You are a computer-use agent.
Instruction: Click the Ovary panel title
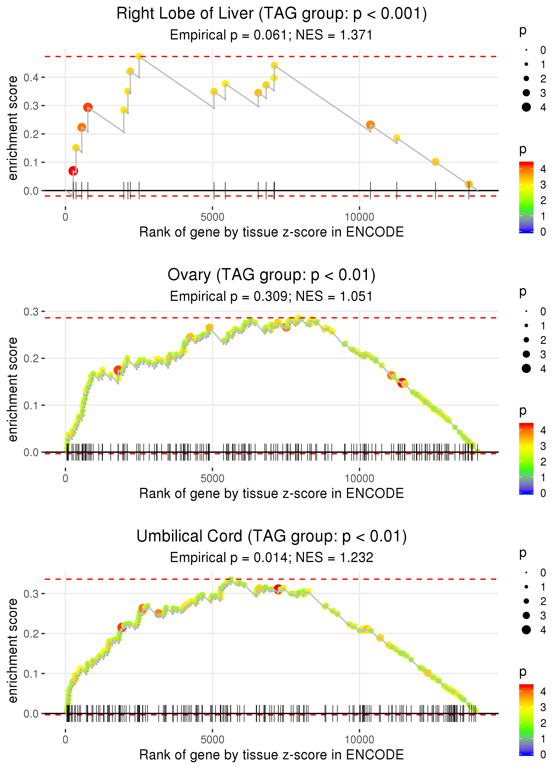pos(271,275)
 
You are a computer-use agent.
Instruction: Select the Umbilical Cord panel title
pos(271,536)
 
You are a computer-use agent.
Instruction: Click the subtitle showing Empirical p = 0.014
pos(271,558)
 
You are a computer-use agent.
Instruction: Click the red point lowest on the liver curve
pos(73,171)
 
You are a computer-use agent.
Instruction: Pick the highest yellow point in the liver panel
pos(139,56)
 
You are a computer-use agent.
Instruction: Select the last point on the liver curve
pos(469,184)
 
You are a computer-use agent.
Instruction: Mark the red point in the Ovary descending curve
pos(402,383)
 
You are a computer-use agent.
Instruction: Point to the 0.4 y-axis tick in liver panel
pos(31,78)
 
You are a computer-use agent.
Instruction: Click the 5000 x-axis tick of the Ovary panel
pos(212,478)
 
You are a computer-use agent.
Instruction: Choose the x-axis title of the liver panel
pos(271,232)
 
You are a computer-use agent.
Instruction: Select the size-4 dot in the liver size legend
pos(526,107)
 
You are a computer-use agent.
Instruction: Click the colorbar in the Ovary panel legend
pos(526,459)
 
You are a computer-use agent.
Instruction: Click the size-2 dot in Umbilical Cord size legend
pos(526,601)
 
